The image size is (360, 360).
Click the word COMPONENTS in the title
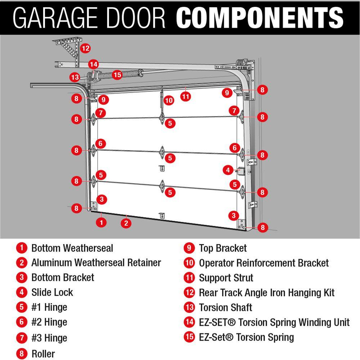[260, 17]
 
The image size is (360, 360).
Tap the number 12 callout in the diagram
[85, 48]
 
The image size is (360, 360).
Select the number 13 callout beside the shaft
[75, 77]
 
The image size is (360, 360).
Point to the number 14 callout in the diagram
[94, 64]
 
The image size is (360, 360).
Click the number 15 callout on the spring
[117, 75]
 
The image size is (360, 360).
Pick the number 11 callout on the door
[185, 96]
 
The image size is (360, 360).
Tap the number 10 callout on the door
[169, 100]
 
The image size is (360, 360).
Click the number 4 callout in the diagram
[228, 170]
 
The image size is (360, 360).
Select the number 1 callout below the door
[102, 222]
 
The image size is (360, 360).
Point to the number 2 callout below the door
[126, 223]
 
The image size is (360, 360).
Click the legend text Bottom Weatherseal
[72, 248]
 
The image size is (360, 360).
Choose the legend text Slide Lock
[52, 292]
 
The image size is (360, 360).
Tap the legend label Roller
[43, 353]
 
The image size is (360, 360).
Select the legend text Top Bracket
[223, 248]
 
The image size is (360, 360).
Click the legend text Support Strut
[226, 278]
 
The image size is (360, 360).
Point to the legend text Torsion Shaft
[225, 307]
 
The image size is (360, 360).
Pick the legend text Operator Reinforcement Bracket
[264, 263]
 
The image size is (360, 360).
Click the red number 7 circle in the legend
[22, 338]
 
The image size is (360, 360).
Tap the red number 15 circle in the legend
[189, 337]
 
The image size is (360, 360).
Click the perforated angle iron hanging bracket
[68, 49]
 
